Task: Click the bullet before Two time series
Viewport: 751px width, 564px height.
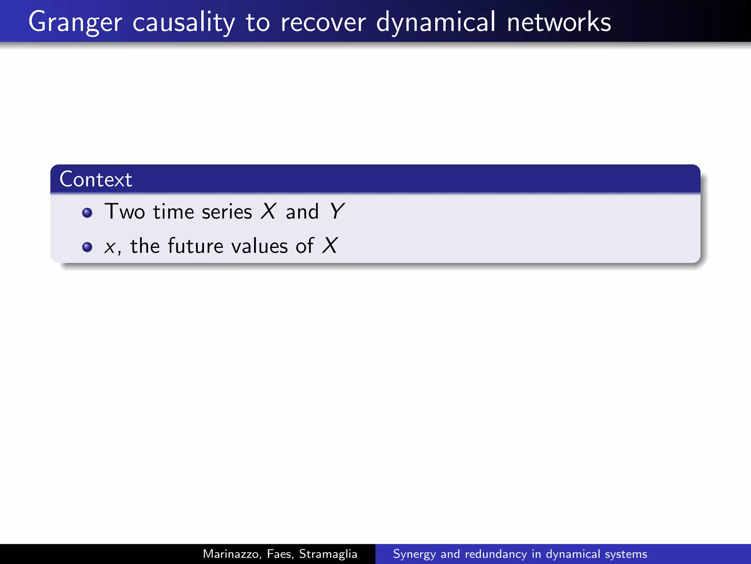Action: (87, 213)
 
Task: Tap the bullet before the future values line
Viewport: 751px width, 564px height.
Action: (87, 247)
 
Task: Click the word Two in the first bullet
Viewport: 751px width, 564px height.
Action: (125, 212)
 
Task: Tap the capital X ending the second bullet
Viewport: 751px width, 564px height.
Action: (330, 245)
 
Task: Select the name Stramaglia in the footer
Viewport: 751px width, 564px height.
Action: (328, 554)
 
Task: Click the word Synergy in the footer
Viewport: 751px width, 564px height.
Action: (414, 554)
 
